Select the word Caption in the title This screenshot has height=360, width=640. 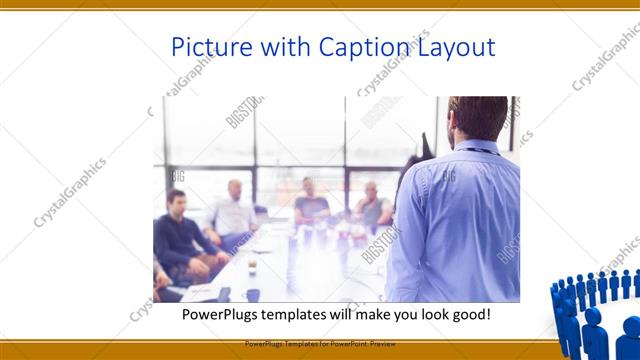[363, 47]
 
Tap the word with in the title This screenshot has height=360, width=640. [285, 47]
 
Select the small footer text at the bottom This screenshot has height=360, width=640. [320, 343]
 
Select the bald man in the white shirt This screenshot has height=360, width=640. [234, 210]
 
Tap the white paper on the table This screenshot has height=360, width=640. [205, 291]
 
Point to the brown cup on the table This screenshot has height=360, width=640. [251, 266]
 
